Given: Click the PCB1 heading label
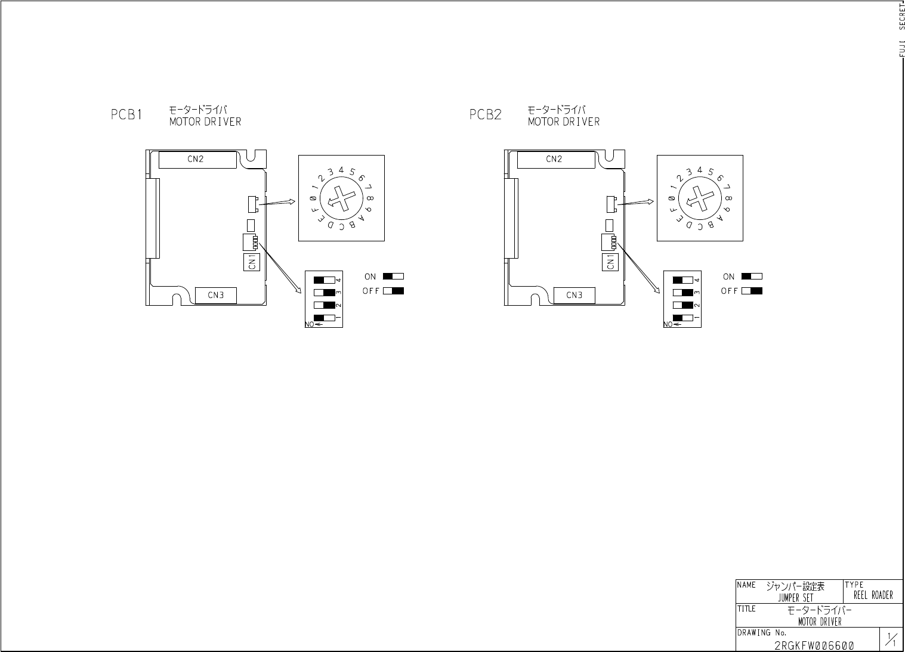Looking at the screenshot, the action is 127,114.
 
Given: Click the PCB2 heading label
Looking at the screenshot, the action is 485,114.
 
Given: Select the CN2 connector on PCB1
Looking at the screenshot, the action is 196,159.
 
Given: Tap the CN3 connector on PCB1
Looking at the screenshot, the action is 216,295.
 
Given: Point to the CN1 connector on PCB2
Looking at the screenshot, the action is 610,262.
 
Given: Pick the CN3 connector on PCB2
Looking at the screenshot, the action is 574,295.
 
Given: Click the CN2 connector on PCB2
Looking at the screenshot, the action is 555,159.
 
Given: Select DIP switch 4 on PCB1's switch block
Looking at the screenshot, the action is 323,280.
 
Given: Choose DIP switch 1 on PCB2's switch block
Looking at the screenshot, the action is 682,318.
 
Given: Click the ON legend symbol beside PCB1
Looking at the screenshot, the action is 393,277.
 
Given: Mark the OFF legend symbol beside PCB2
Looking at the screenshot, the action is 752,291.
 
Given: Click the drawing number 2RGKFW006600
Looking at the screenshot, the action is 814,646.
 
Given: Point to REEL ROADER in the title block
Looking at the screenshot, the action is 873,595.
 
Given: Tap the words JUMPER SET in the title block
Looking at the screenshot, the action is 795,598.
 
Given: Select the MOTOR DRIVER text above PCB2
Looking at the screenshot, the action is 564,122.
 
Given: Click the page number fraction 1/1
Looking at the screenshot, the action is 891,639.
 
